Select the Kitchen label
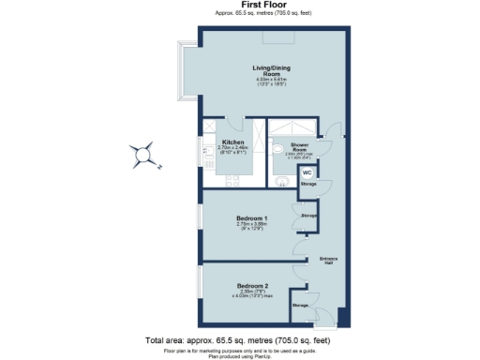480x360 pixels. click(x=232, y=142)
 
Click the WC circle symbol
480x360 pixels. click(x=307, y=172)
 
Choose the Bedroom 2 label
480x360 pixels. click(x=252, y=285)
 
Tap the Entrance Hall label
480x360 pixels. click(x=328, y=261)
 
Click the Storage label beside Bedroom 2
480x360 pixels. click(x=300, y=306)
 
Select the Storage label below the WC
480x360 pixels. click(x=308, y=184)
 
